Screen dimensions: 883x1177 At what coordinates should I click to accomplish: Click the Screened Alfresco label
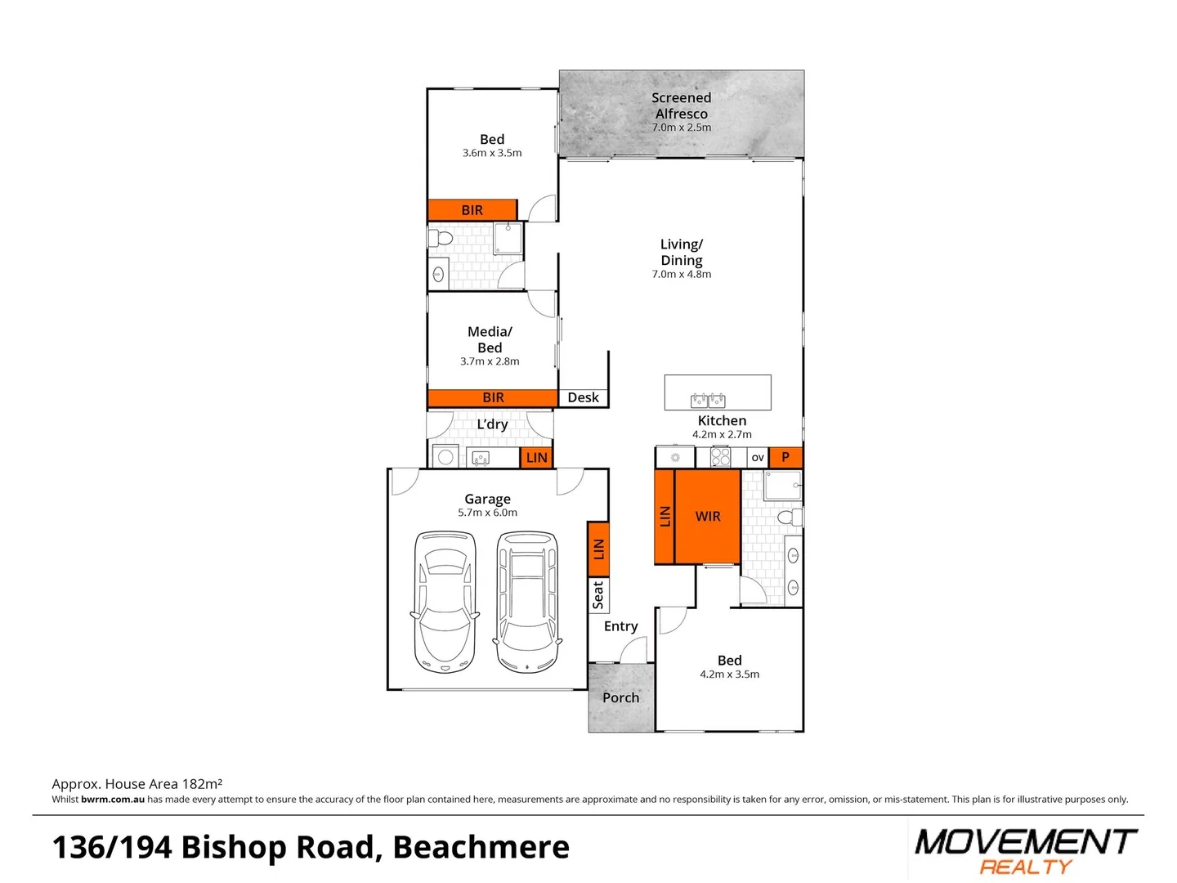[x=681, y=106]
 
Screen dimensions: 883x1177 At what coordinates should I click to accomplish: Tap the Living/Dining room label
[x=681, y=253]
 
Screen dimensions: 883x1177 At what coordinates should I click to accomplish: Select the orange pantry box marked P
[x=785, y=457]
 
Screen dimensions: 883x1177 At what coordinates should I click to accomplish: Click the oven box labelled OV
[x=758, y=457]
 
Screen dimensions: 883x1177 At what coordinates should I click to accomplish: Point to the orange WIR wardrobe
[x=708, y=517]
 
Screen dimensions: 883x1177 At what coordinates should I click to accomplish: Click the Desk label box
[x=583, y=398]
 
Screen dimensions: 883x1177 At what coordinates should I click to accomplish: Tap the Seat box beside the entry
[x=598, y=595]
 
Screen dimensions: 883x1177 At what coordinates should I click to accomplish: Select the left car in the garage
[x=445, y=602]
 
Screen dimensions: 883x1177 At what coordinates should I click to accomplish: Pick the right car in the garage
[x=528, y=602]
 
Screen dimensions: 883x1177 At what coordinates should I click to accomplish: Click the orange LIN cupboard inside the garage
[x=598, y=549]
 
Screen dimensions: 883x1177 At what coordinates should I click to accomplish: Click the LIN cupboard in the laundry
[x=536, y=458]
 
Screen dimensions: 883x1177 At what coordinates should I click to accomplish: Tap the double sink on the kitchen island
[x=708, y=400]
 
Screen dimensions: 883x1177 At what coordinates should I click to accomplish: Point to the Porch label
[x=620, y=698]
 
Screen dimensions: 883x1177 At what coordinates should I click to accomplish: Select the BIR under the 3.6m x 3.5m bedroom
[x=472, y=210]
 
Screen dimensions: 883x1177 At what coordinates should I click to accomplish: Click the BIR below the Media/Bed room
[x=493, y=398]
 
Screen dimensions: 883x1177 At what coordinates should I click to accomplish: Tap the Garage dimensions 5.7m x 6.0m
[x=487, y=513]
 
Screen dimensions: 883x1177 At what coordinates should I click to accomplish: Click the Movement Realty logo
[x=1026, y=850]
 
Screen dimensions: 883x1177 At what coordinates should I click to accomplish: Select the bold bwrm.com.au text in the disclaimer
[x=113, y=800]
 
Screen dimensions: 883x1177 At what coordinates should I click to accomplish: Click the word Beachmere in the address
[x=481, y=848]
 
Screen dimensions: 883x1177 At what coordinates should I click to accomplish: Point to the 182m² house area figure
[x=202, y=784]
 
